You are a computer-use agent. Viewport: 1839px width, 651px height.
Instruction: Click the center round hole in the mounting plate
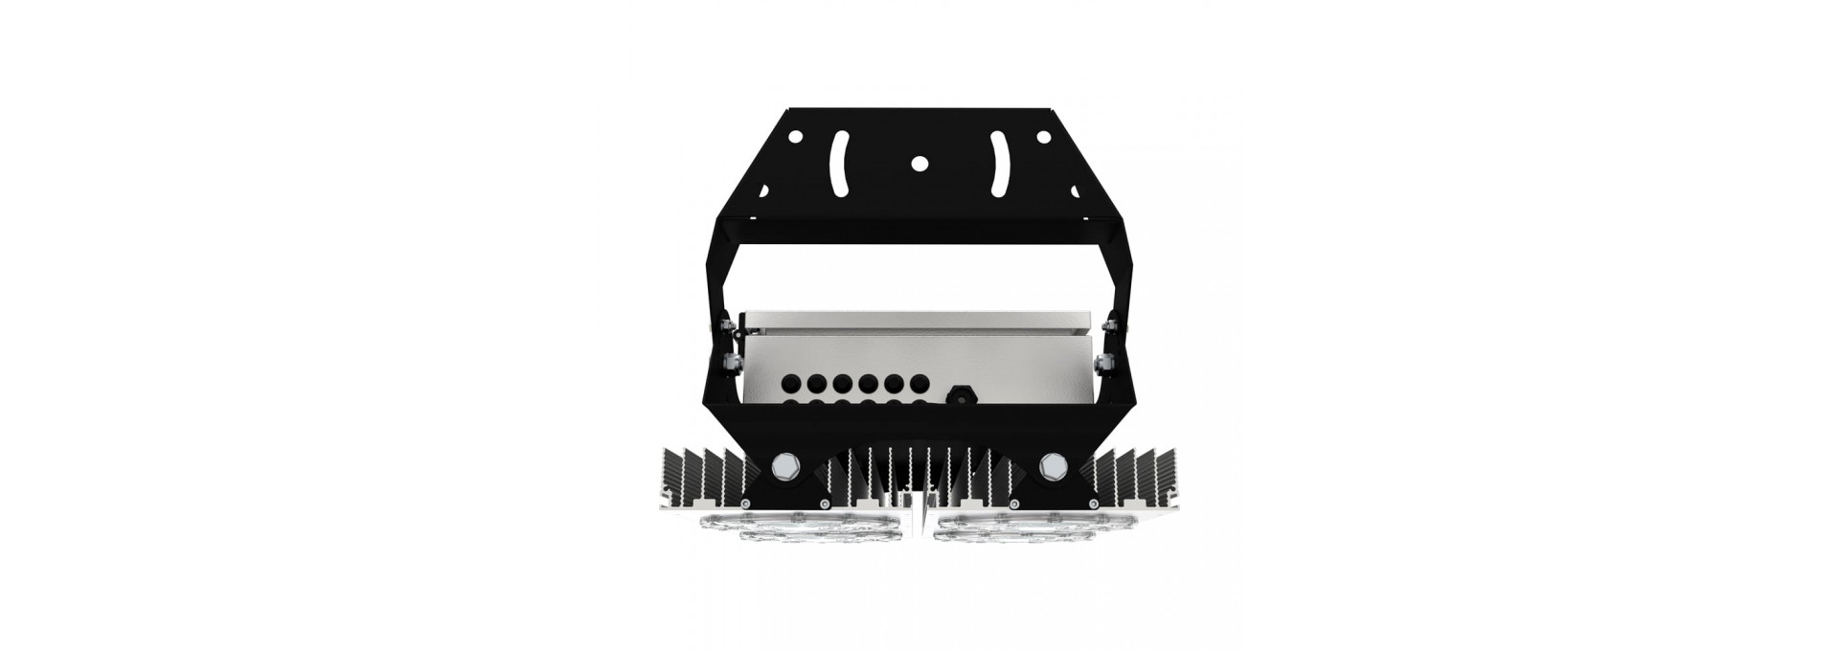(x=919, y=163)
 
